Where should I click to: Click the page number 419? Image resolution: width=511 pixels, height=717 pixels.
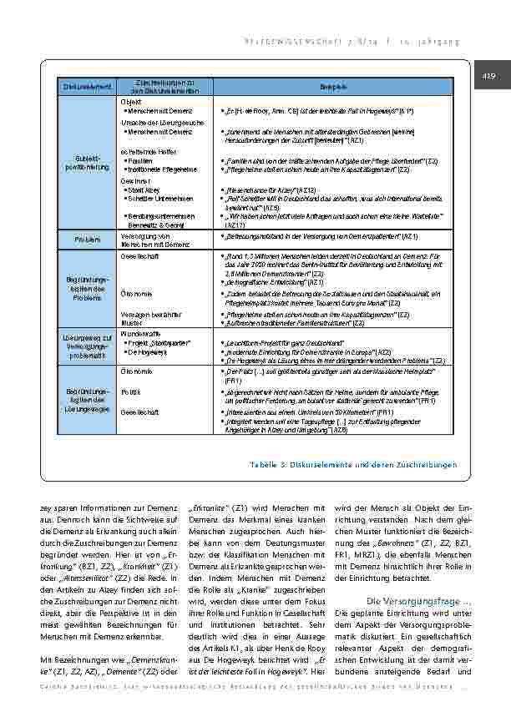click(489, 78)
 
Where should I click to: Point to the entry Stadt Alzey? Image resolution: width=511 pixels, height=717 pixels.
click(144, 189)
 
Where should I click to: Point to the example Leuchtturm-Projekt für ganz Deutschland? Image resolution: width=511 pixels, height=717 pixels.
click(283, 342)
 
